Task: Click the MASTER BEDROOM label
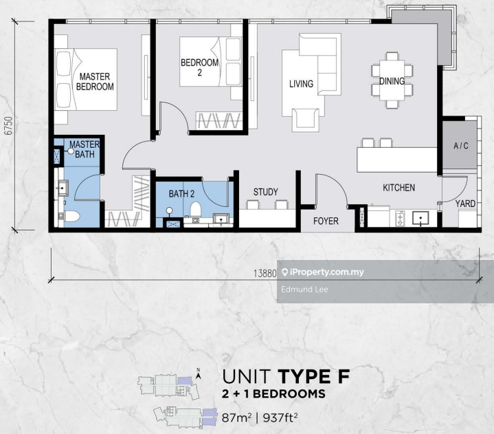pyautogui.click(x=95, y=81)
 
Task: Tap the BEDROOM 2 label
pyautogui.click(x=199, y=67)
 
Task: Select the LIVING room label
pyautogui.click(x=301, y=84)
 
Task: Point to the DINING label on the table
pyautogui.click(x=392, y=81)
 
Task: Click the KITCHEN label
pyautogui.click(x=399, y=188)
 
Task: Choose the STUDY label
pyautogui.click(x=266, y=192)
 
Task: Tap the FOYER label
pyautogui.click(x=326, y=221)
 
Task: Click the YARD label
pyautogui.click(x=465, y=204)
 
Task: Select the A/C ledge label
pyautogui.click(x=461, y=146)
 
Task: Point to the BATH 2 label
pyautogui.click(x=181, y=194)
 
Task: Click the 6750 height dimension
pyautogui.click(x=9, y=126)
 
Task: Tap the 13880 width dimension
pyautogui.click(x=265, y=273)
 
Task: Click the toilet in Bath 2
pyautogui.click(x=196, y=210)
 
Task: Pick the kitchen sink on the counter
pyautogui.click(x=420, y=218)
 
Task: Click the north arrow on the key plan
pyautogui.click(x=198, y=374)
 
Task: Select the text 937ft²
pyautogui.click(x=280, y=418)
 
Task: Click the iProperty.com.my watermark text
pyautogui.click(x=323, y=272)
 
